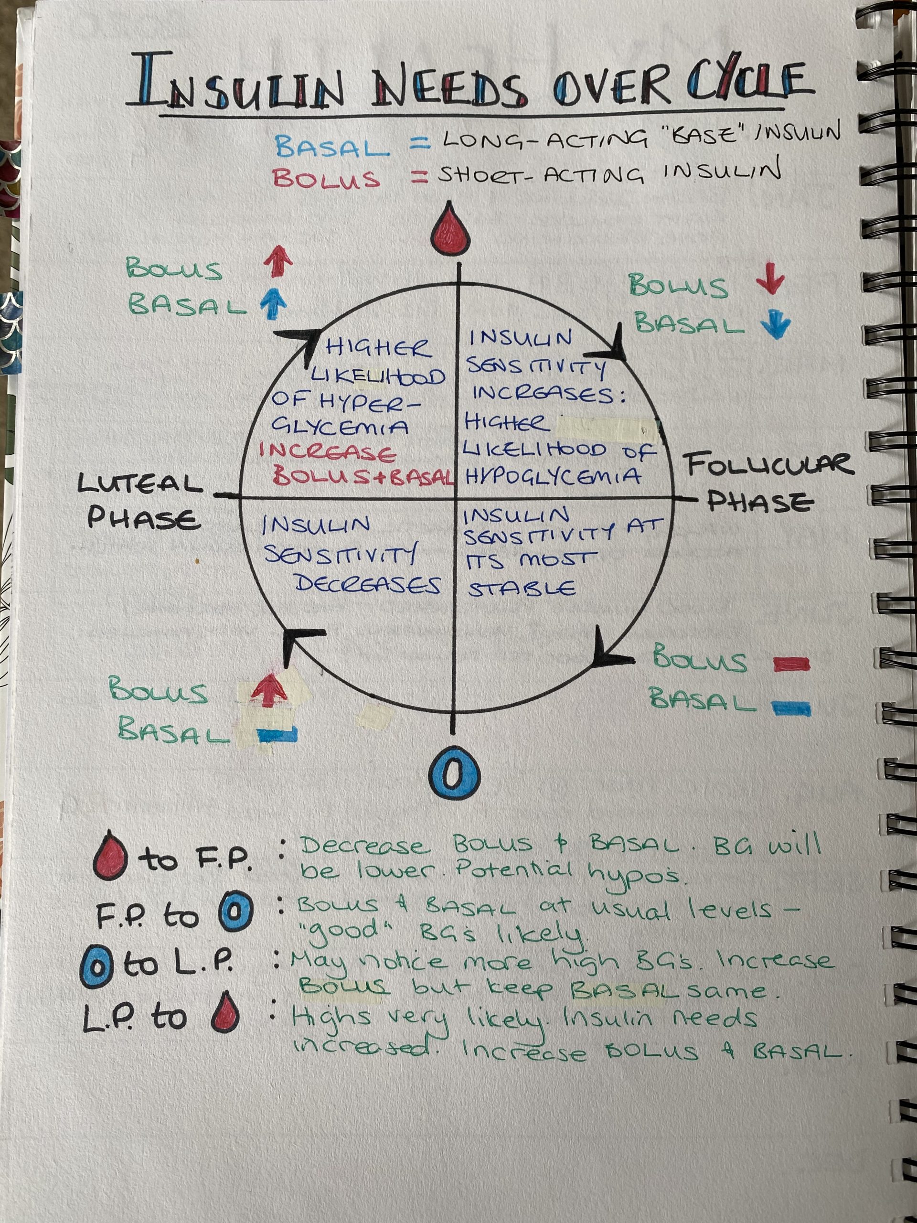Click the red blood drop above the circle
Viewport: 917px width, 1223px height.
[452, 231]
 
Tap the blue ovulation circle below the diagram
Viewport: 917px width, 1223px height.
[454, 773]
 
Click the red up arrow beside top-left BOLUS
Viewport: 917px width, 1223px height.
[277, 261]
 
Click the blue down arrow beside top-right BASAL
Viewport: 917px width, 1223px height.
[775, 326]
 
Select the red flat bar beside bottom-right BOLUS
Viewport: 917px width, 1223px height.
[791, 664]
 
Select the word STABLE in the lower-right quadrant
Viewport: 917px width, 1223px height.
[522, 589]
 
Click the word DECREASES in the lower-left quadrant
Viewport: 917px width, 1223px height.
[368, 584]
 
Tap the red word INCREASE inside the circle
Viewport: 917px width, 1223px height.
[328, 452]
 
